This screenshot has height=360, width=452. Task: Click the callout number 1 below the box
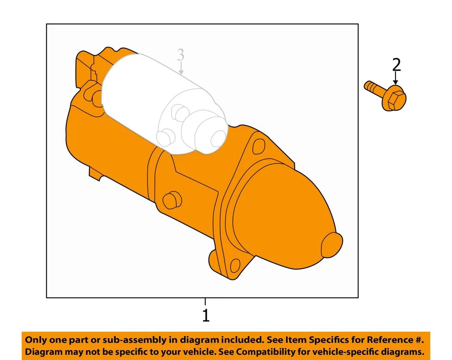pyautogui.click(x=205, y=315)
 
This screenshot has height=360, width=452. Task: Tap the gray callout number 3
pyautogui.click(x=180, y=55)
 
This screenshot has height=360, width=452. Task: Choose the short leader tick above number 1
pyautogui.click(x=205, y=302)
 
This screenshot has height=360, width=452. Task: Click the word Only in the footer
pyautogui.click(x=36, y=340)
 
